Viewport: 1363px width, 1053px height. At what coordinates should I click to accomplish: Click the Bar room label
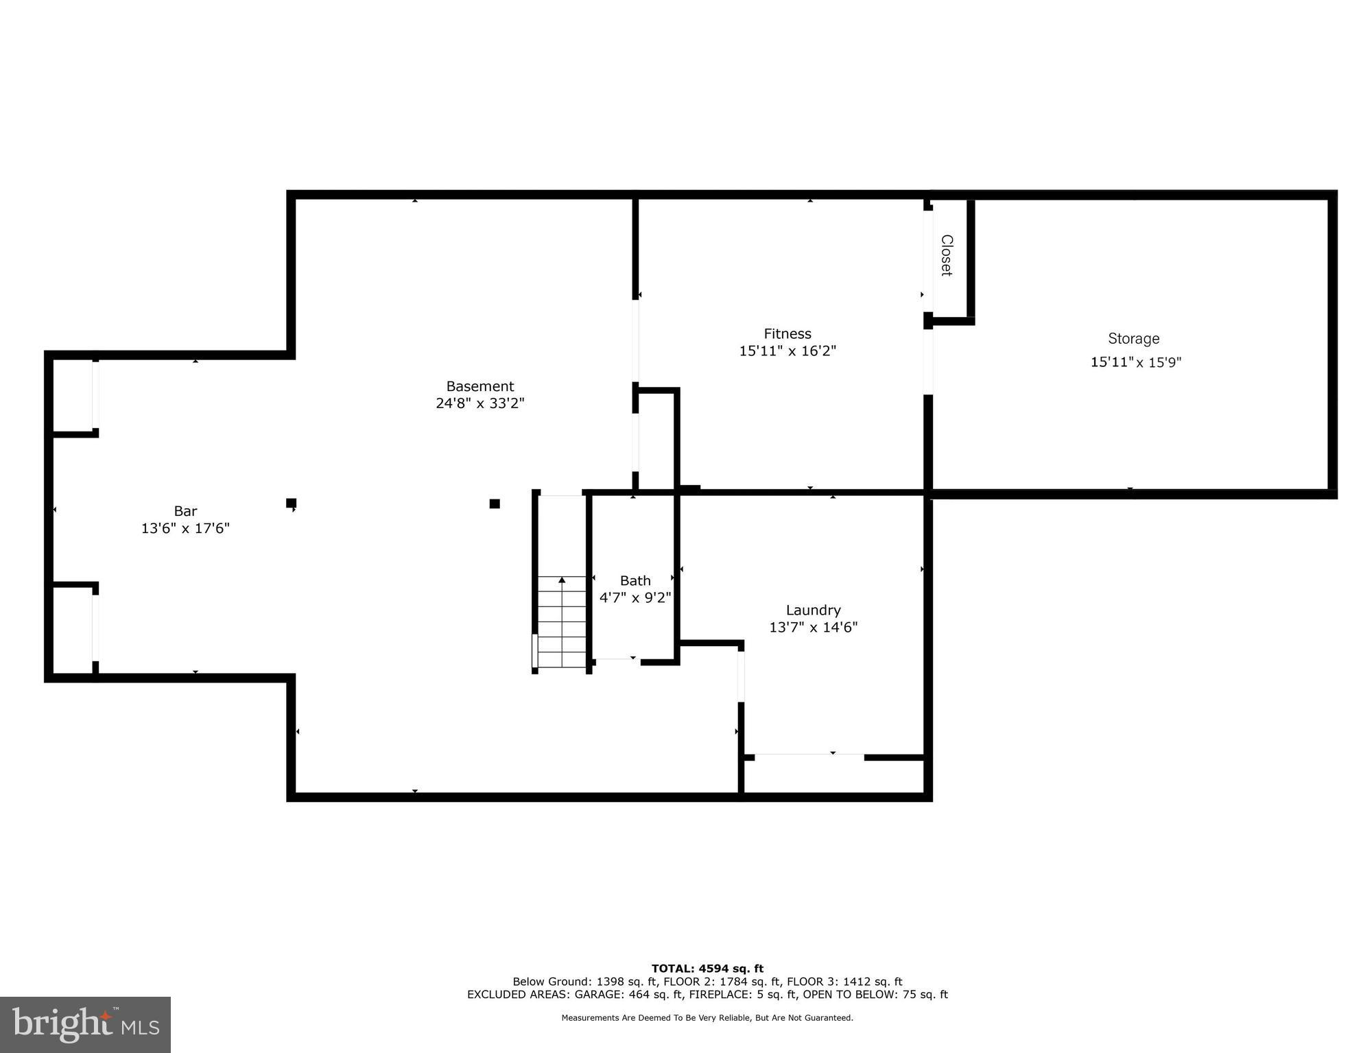(x=185, y=511)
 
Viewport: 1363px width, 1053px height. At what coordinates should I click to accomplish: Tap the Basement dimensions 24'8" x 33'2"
(x=479, y=403)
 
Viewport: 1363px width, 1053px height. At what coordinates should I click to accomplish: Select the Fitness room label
(x=787, y=334)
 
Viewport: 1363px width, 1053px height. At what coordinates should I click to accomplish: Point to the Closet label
(x=947, y=255)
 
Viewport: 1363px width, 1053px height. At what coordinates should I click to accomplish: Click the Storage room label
(x=1133, y=338)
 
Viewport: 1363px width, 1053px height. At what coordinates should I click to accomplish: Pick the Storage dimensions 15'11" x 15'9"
(x=1136, y=362)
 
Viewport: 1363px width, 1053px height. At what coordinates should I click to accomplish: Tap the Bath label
(x=635, y=580)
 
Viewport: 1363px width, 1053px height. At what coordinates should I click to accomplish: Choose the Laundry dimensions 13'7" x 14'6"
(x=813, y=627)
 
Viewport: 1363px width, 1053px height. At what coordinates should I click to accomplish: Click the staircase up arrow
(x=562, y=581)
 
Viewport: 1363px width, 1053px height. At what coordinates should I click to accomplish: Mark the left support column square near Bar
(x=291, y=503)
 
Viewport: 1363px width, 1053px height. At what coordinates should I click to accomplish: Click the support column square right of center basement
(x=495, y=504)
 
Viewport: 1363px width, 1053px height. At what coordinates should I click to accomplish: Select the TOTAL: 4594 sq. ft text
(x=707, y=969)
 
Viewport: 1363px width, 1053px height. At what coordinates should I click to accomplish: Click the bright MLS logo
(x=85, y=1024)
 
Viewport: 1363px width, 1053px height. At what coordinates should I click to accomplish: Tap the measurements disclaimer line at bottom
(x=707, y=1018)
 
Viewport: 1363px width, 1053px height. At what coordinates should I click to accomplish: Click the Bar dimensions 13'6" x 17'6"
(x=185, y=528)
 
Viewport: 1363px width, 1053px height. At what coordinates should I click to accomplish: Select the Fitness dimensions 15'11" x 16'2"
(x=787, y=351)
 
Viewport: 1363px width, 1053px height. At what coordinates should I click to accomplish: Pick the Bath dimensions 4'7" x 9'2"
(x=635, y=598)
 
